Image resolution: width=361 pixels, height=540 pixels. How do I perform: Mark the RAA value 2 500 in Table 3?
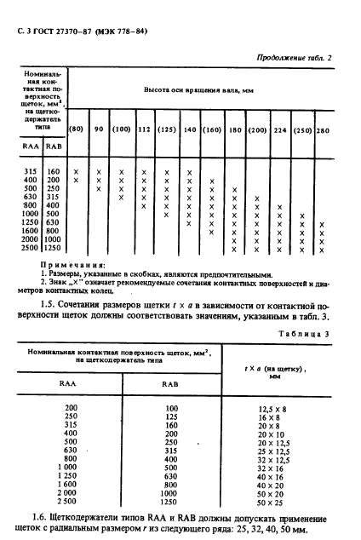(74, 503)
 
